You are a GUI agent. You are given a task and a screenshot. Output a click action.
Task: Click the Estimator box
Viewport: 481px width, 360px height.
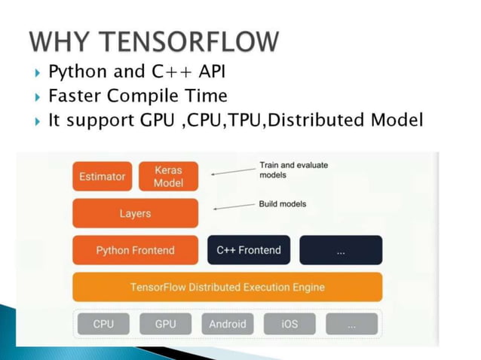(103, 176)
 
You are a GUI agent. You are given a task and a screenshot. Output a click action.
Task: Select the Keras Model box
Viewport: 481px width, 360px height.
(168, 176)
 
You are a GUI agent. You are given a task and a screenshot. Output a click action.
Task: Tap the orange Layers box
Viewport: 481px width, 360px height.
(135, 213)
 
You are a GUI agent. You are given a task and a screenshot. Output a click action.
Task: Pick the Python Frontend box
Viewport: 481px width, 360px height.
(135, 250)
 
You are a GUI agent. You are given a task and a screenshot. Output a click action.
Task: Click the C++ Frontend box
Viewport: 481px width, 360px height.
(248, 250)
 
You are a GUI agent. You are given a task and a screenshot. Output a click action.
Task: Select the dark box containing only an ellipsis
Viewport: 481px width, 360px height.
(341, 250)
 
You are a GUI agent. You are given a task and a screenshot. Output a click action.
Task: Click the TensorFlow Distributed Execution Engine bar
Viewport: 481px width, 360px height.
(227, 287)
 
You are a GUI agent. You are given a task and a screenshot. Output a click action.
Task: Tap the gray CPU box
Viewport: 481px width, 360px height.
(103, 324)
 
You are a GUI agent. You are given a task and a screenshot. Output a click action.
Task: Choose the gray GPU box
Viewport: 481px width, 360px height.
(165, 324)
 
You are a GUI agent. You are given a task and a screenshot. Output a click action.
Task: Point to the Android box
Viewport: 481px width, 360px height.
(228, 324)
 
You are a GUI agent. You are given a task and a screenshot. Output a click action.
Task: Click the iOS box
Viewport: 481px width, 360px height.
(290, 324)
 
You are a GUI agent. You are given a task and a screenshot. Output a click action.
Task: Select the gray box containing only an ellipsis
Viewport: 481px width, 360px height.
(351, 324)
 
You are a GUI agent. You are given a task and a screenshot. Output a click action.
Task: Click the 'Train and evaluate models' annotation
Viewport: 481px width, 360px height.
(283, 169)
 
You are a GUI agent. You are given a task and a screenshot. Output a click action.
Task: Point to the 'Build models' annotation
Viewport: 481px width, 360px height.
(283, 204)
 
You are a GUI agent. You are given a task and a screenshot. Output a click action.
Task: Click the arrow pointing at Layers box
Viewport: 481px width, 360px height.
(232, 206)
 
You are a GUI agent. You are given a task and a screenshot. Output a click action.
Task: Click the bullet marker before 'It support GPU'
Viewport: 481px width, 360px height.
(38, 121)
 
